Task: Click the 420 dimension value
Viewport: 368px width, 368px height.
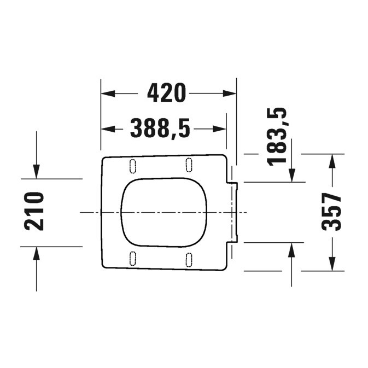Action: (x=167, y=94)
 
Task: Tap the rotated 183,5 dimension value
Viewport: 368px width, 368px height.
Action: (x=277, y=136)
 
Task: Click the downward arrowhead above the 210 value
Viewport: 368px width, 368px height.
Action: (x=36, y=172)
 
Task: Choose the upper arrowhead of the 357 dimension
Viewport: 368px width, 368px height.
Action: (x=331, y=160)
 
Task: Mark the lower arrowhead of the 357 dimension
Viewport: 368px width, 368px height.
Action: (x=331, y=264)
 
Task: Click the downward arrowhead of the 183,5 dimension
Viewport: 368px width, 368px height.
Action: (x=292, y=175)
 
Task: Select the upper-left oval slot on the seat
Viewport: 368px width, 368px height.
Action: (x=133, y=165)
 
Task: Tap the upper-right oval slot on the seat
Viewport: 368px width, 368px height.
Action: (x=189, y=164)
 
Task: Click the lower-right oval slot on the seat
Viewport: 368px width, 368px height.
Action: (x=189, y=258)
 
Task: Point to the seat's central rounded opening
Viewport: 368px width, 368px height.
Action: (x=164, y=211)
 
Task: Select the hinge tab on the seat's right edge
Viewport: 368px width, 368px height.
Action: (x=233, y=211)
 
